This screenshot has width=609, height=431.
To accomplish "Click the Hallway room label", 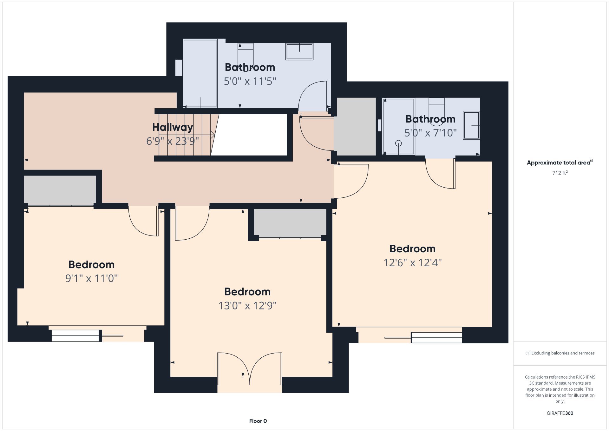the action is (x=173, y=127).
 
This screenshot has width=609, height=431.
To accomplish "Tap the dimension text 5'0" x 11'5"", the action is (x=250, y=81).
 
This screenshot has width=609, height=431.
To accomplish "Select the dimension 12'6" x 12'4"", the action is (x=413, y=263).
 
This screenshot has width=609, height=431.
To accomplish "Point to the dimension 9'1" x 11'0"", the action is (x=91, y=278).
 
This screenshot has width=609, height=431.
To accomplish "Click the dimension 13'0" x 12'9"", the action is (x=247, y=306).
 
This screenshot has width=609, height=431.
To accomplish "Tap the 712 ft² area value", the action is (x=560, y=173).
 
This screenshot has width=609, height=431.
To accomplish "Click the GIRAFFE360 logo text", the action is (x=560, y=413).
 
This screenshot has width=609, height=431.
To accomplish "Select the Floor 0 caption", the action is (x=258, y=421).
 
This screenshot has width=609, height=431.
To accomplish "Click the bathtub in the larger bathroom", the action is (x=200, y=73).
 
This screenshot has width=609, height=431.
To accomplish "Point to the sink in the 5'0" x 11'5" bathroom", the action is (x=299, y=52).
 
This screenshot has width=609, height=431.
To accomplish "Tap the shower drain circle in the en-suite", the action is (x=398, y=143).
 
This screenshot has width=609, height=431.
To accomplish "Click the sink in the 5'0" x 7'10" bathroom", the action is (x=471, y=125).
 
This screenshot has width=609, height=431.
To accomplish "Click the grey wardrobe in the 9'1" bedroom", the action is (x=60, y=190).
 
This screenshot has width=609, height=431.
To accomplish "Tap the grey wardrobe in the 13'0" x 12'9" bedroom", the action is (x=290, y=222).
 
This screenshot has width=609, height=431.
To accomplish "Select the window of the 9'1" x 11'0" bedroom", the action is (x=87, y=335).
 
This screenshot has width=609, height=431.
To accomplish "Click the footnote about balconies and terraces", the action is (x=560, y=353).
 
